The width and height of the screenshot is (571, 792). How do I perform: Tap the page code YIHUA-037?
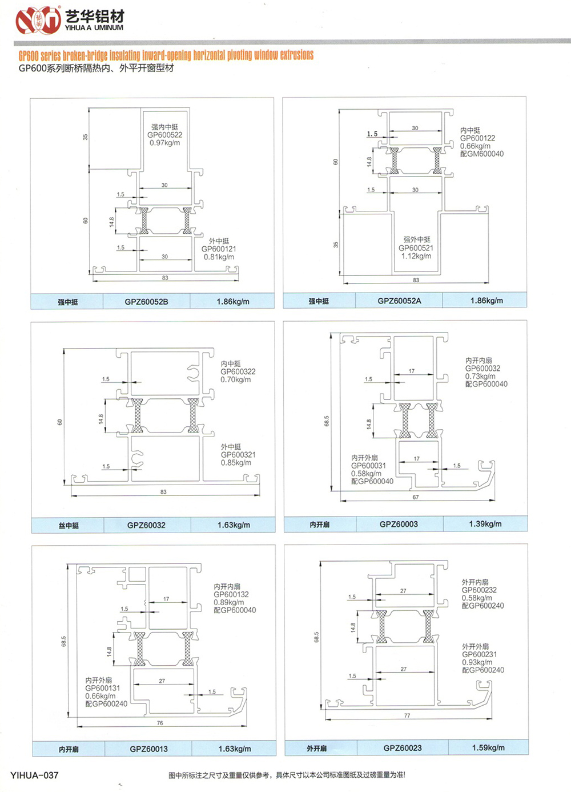[34, 775]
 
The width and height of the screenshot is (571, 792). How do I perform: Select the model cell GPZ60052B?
[146, 302]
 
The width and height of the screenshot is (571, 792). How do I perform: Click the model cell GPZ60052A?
[399, 301]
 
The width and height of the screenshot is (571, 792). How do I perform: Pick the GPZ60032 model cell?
[146, 525]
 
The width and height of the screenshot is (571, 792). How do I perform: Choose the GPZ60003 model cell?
[399, 524]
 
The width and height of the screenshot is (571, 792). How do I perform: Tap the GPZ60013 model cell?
[148, 749]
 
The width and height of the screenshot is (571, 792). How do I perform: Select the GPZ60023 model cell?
[403, 747]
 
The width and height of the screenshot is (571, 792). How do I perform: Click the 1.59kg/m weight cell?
[488, 747]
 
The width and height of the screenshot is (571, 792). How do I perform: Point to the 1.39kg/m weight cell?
[485, 524]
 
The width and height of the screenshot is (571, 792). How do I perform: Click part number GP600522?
[165, 135]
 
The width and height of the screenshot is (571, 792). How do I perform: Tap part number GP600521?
[416, 248]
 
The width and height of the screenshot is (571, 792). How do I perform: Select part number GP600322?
[238, 371]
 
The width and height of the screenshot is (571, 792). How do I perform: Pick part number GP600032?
[482, 369]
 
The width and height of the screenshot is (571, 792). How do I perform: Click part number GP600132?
[231, 594]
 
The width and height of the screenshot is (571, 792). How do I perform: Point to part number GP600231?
[479, 654]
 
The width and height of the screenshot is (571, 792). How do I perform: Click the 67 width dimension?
[416, 497]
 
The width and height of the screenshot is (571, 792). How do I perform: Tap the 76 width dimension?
[160, 723]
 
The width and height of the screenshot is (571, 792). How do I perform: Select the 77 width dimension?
[407, 715]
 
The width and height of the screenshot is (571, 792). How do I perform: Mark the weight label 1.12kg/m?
[416, 256]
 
